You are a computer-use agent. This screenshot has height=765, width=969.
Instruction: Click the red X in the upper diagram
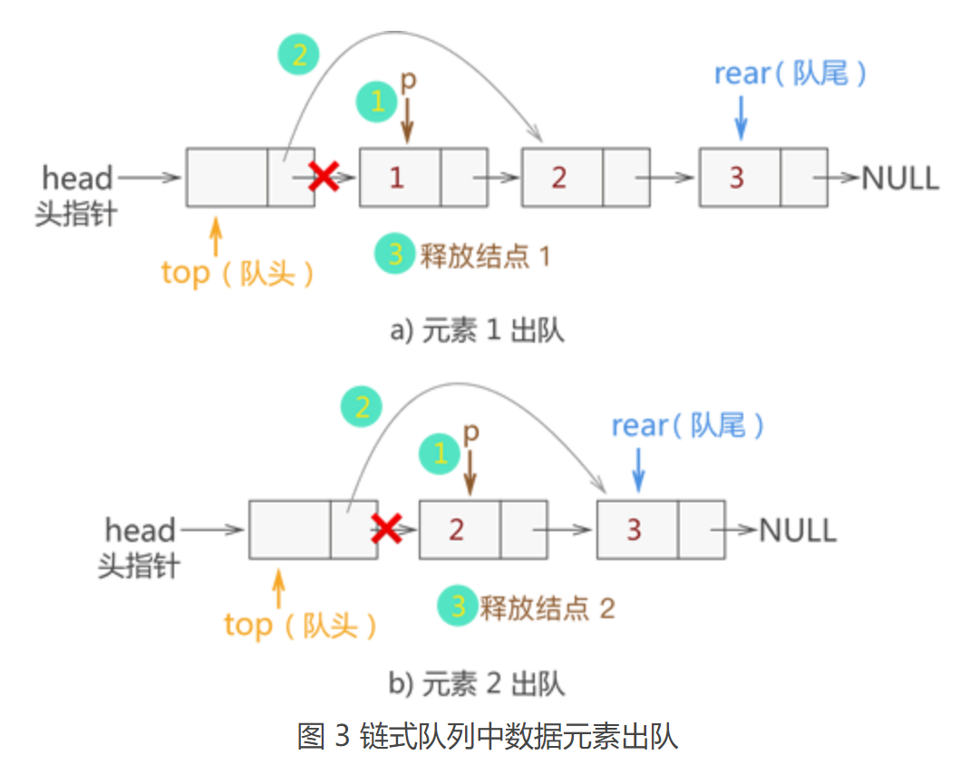pyautogui.click(x=324, y=177)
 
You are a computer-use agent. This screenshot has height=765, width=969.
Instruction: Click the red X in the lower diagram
pyautogui.click(x=387, y=528)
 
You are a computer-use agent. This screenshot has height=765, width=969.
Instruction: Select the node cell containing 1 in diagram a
pyautogui.click(x=399, y=178)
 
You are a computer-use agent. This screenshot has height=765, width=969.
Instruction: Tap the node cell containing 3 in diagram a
pyautogui.click(x=738, y=178)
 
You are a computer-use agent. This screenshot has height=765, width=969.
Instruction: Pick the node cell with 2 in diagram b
pyautogui.click(x=459, y=528)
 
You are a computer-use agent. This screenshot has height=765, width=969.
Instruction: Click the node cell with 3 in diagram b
pyautogui.click(x=636, y=528)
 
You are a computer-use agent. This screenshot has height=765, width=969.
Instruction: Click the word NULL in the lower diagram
pyautogui.click(x=797, y=529)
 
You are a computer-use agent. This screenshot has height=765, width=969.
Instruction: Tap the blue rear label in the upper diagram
pyautogui.click(x=790, y=73)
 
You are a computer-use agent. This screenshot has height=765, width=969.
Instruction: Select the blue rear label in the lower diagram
pyautogui.click(x=687, y=425)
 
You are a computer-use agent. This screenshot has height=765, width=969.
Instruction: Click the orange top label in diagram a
pyautogui.click(x=237, y=273)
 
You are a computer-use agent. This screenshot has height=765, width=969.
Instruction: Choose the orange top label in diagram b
pyautogui.click(x=300, y=625)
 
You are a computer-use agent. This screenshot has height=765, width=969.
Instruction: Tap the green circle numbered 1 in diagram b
pyautogui.click(x=441, y=452)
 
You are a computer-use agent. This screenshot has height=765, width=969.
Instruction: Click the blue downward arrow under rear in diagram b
pyautogui.click(x=639, y=470)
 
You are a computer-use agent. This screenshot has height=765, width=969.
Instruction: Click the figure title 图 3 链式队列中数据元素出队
pyautogui.click(x=487, y=735)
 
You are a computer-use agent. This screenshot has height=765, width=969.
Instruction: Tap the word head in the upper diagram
pyautogui.click(x=78, y=178)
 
